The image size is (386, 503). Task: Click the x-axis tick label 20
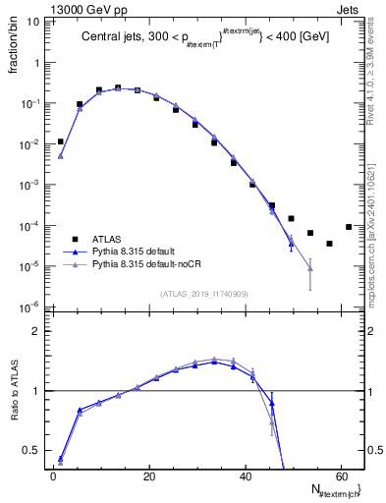point(148,477)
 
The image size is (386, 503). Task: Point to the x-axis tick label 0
point(53,477)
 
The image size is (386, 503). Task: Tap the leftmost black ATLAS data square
point(60,141)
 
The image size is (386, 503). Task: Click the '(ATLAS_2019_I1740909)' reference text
point(204,294)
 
